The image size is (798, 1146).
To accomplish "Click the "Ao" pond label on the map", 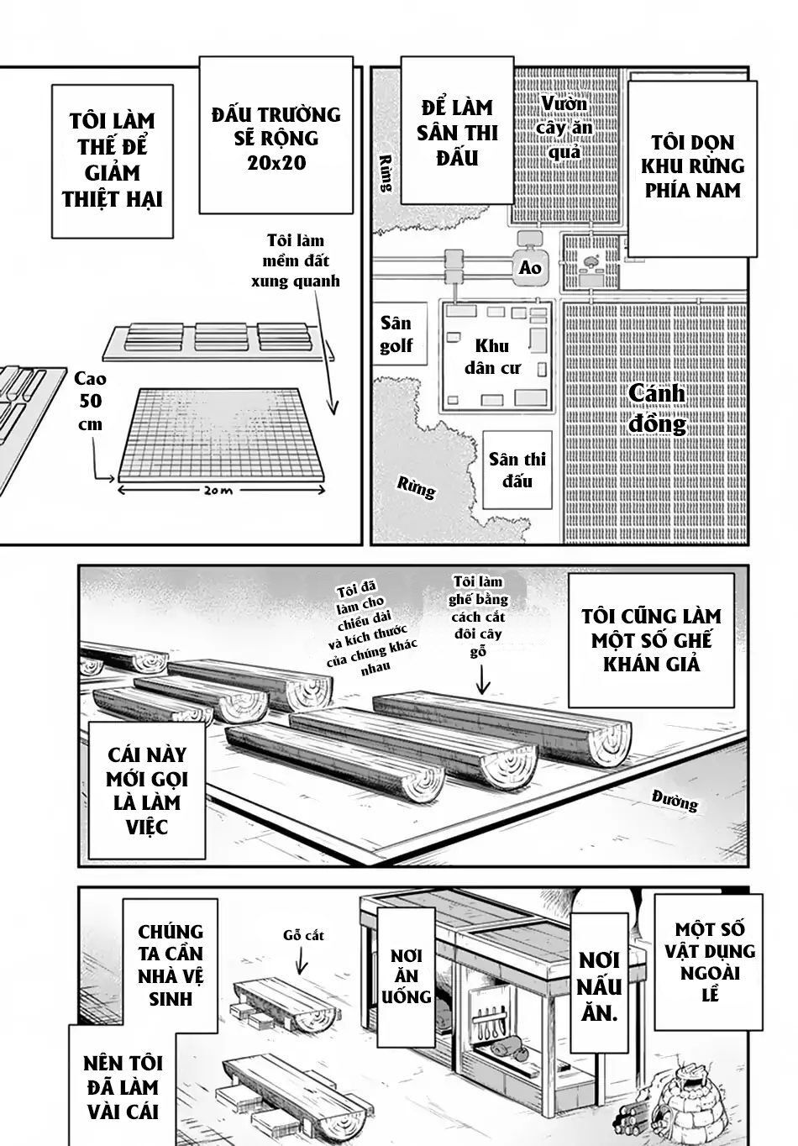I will pos(530,268).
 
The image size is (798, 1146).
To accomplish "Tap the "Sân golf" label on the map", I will pos(396,334).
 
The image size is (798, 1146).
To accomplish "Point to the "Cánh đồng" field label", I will pos(657,408).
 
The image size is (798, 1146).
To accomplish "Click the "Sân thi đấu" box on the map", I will pos(517,470).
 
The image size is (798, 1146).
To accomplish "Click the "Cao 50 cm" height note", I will pos(89,401).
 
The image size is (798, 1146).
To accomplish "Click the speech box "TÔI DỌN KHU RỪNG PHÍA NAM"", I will pos(692,166).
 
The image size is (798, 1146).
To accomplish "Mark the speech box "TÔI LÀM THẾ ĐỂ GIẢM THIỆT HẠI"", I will pos(112,160).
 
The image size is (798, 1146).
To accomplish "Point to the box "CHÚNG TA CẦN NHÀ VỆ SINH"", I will pos(171,965).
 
